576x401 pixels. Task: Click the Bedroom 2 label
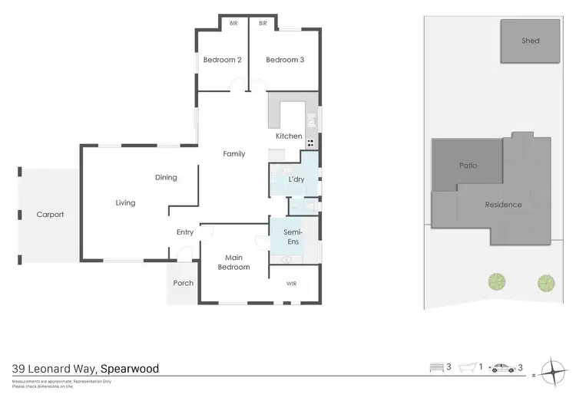pos(223,60)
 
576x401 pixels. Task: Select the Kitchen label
pos(290,136)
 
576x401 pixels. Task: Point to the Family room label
pos(234,154)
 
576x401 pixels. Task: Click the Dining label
pos(166,178)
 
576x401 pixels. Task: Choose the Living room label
pos(125,203)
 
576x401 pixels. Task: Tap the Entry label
pos(185,232)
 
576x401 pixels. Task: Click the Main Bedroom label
pos(233,262)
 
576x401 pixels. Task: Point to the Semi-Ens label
pos(293,237)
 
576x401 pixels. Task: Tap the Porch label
pos(184,283)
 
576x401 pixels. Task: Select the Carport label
pos(51,215)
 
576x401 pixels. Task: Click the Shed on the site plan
pos(531,41)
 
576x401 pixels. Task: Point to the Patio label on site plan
pos(468,165)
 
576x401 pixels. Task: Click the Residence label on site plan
pos(503,205)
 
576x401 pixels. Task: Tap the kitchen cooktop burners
pos(312,143)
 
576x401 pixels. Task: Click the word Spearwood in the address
pos(130,369)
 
